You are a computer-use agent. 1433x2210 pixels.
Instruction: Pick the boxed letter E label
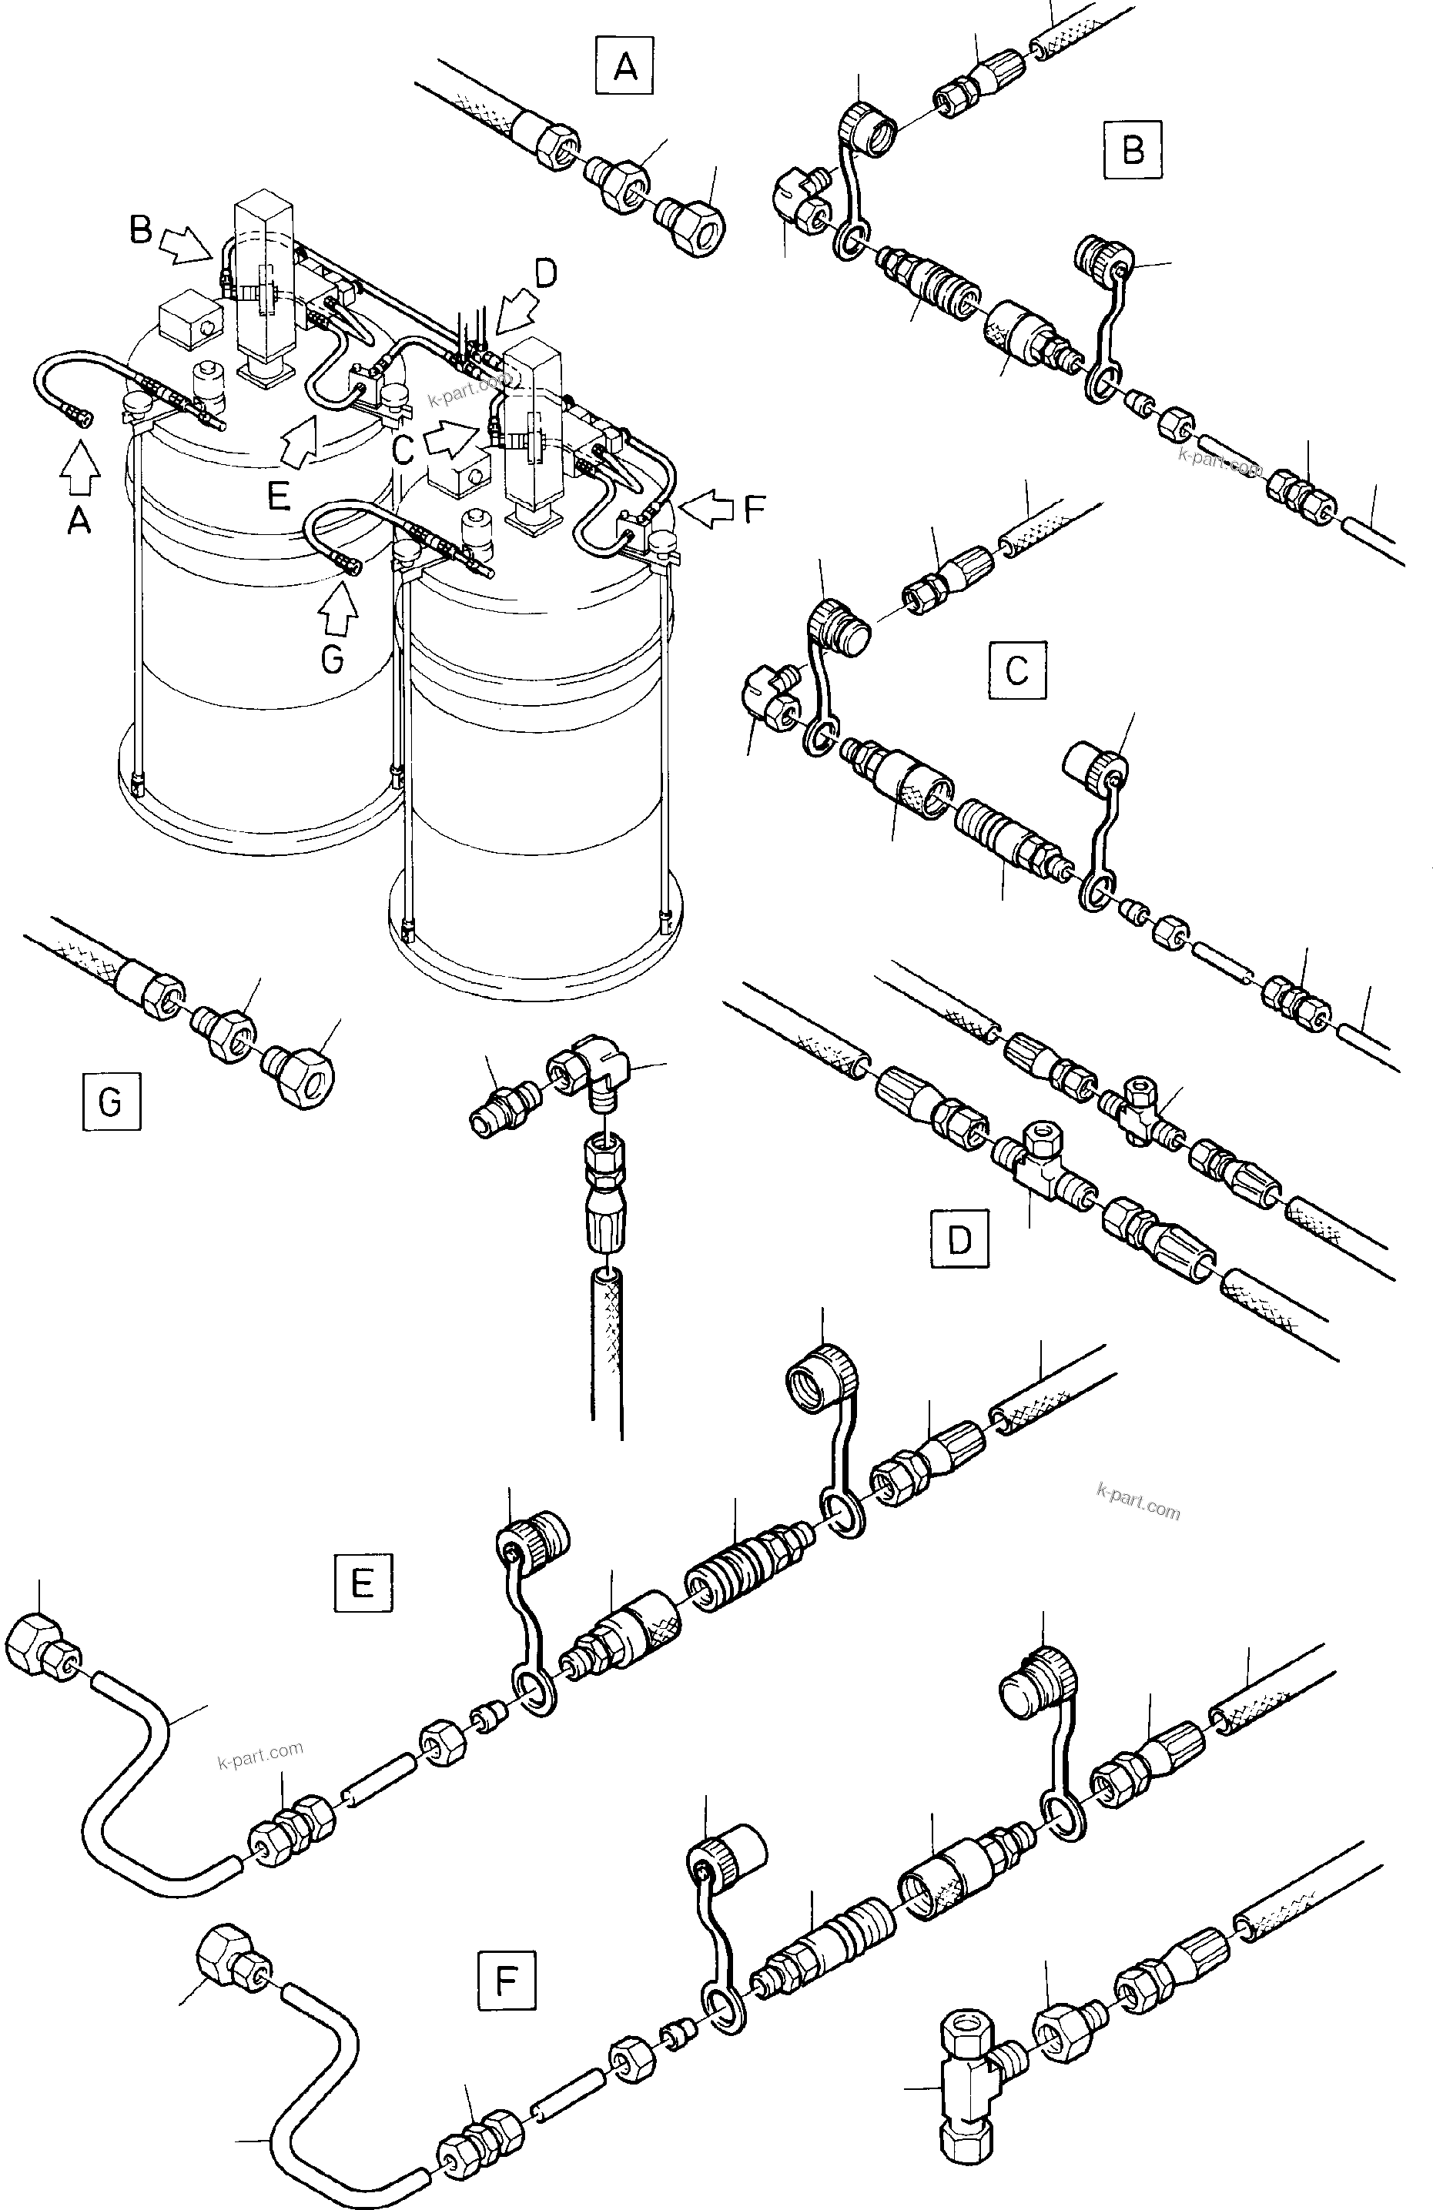[x=362, y=1580]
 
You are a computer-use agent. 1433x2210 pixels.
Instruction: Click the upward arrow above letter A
[x=81, y=472]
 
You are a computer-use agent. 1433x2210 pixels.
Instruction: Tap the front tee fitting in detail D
[x=1037, y=1161]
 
